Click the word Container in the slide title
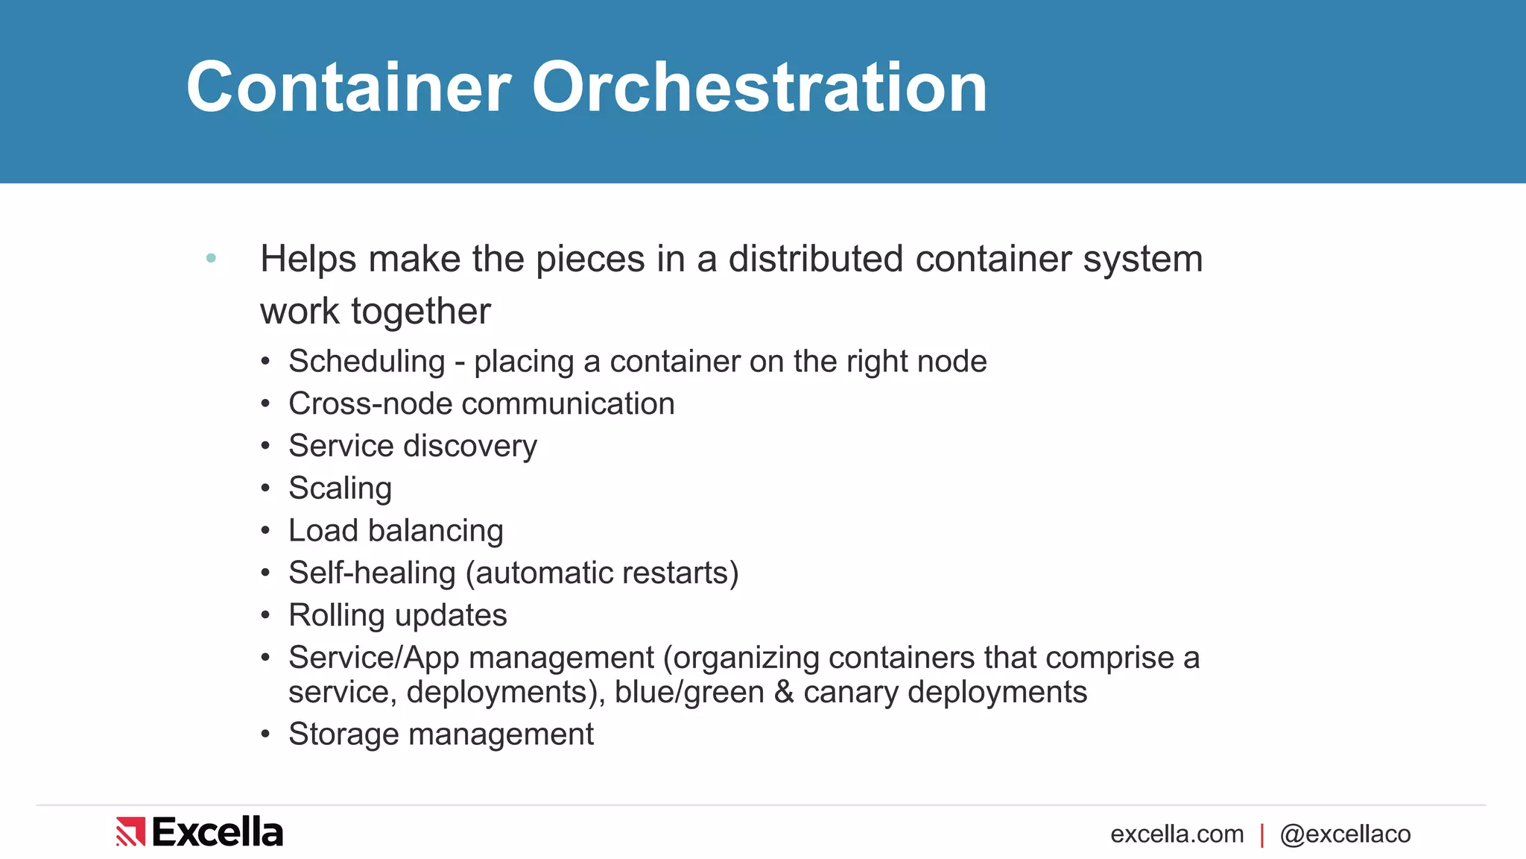click(x=349, y=88)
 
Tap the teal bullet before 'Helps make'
click(x=211, y=258)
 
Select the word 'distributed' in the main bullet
click(x=816, y=259)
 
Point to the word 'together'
click(x=421, y=311)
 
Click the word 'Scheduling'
click(x=367, y=362)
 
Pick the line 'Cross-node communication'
click(x=481, y=403)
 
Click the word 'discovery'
click(x=470, y=446)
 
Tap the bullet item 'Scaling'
click(x=340, y=488)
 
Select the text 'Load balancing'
click(x=396, y=531)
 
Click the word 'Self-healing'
click(x=372, y=573)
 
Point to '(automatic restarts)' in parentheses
click(x=602, y=573)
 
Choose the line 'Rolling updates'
click(x=397, y=615)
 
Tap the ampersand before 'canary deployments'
click(x=784, y=692)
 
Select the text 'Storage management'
click(x=441, y=734)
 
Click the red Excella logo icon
click(x=130, y=831)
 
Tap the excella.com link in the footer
click(x=1177, y=834)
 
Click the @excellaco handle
click(x=1345, y=834)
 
